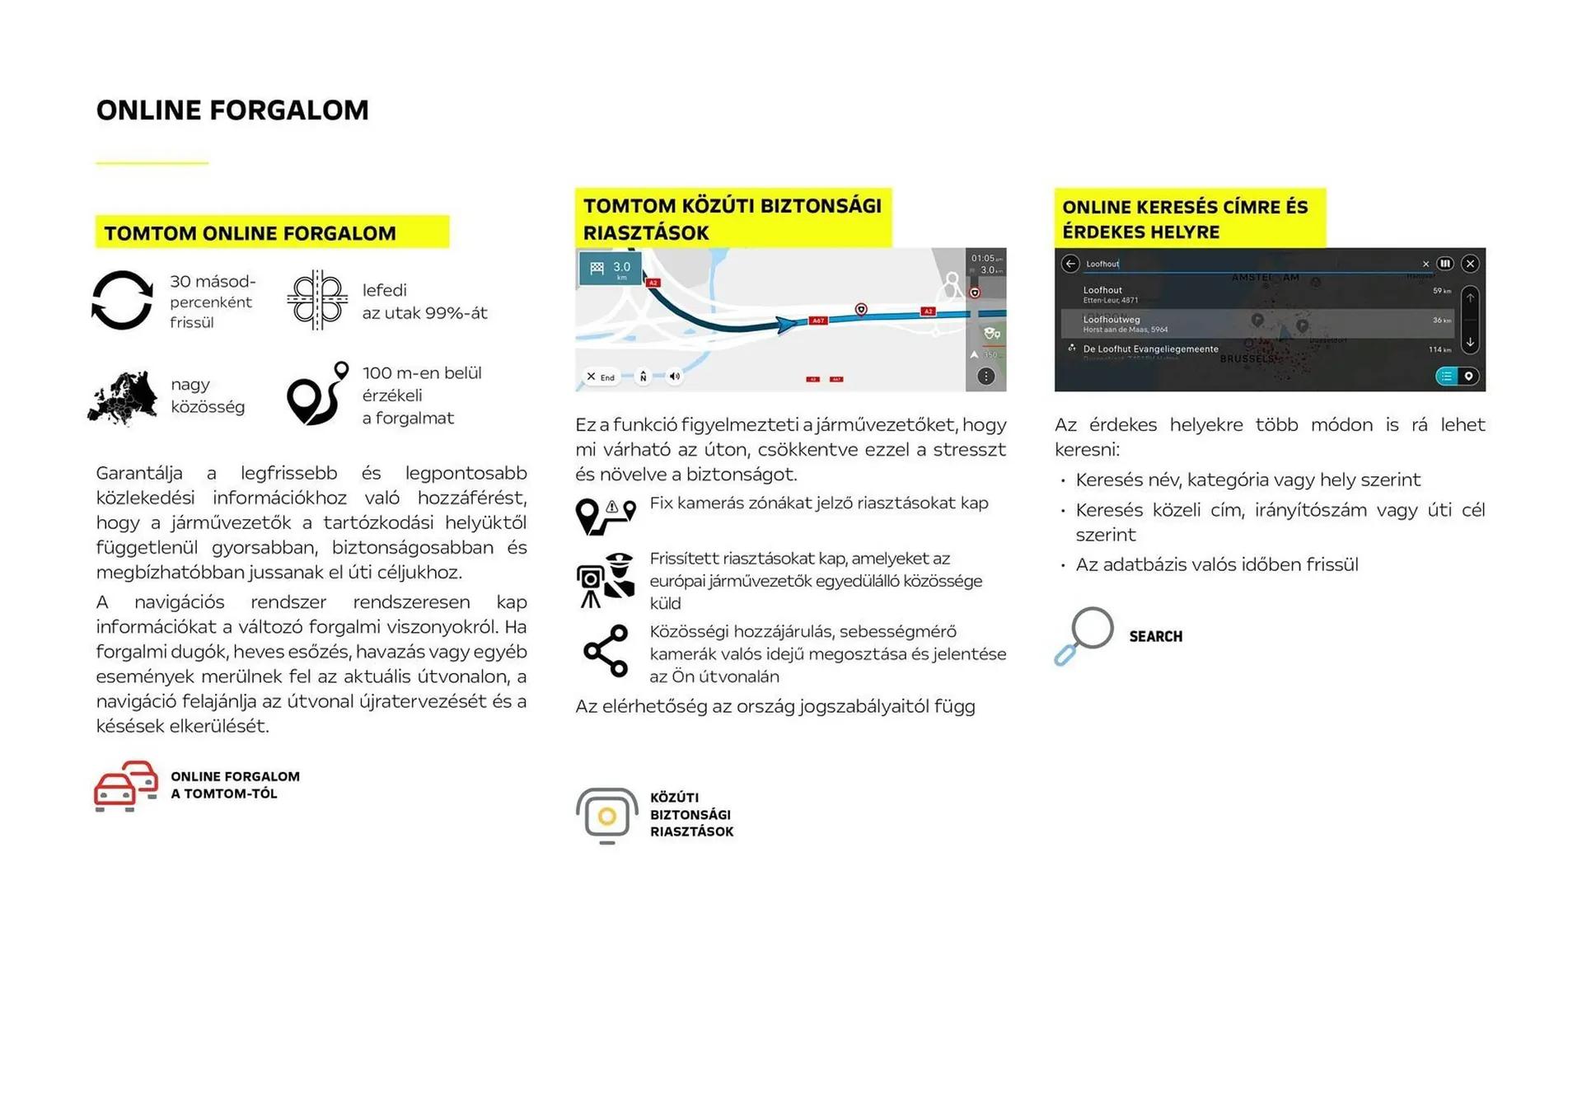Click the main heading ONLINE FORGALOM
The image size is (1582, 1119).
coord(232,110)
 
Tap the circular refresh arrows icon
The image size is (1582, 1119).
coord(122,301)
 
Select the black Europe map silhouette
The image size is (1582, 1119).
coord(123,398)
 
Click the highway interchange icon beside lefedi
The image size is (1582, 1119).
coord(317,300)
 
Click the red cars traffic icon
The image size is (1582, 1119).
coord(126,785)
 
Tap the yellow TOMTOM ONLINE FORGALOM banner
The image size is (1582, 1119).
coord(272,232)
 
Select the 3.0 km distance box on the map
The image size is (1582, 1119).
coord(611,269)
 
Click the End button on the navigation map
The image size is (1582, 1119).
coord(601,377)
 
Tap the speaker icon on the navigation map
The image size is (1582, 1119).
coord(675,377)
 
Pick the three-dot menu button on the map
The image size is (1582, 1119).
coord(985,377)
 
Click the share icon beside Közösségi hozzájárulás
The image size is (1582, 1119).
coord(606,652)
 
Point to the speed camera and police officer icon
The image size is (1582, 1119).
coord(606,580)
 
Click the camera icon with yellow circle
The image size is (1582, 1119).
coord(607,816)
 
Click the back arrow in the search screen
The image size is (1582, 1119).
coord(1070,264)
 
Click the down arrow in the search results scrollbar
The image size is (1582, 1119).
coord(1470,342)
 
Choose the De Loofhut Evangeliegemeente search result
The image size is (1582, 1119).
coord(1150,349)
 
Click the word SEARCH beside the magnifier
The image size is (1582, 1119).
coord(1155,637)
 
